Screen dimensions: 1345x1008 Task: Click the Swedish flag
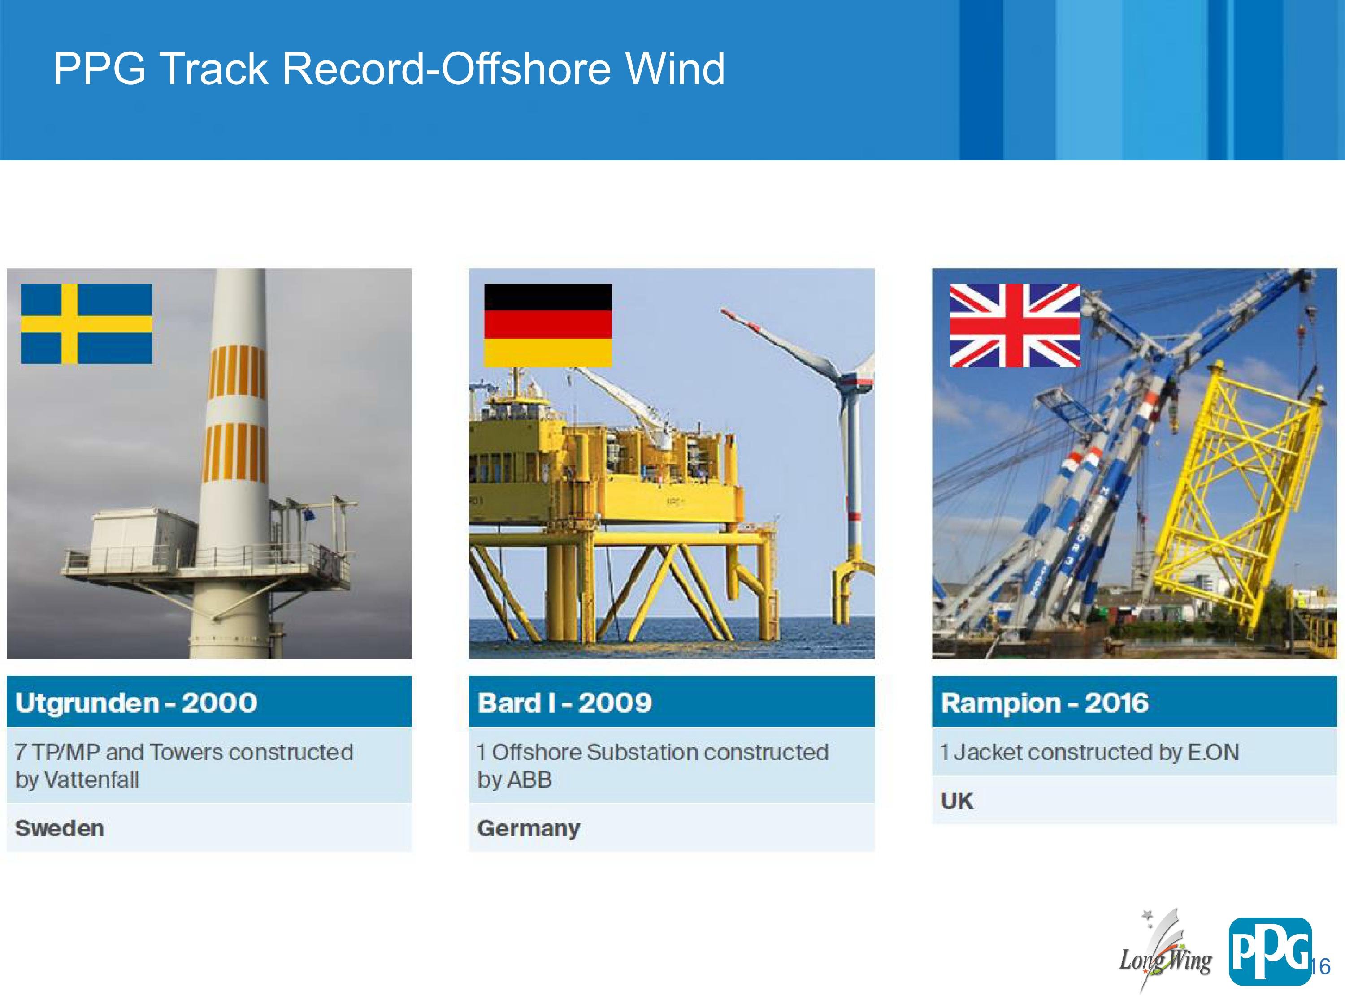(x=87, y=324)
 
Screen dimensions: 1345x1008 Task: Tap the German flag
(x=548, y=325)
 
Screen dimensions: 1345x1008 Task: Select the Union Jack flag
(x=1015, y=326)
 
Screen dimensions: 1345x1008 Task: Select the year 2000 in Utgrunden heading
(x=220, y=703)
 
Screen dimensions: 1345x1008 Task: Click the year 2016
(x=1116, y=703)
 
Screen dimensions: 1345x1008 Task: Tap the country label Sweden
(x=60, y=829)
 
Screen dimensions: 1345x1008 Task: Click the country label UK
(x=957, y=801)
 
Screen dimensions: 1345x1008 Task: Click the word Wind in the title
(x=676, y=68)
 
